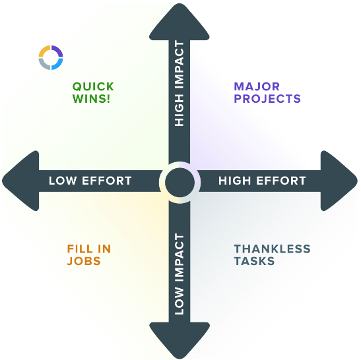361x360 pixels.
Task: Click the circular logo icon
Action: [51, 57]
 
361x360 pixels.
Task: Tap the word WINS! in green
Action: [93, 99]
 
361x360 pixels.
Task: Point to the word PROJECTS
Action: [267, 99]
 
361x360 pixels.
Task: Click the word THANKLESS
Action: [272, 249]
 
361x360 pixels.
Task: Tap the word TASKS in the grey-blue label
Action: [254, 261]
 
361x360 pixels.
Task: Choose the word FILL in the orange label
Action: [80, 249]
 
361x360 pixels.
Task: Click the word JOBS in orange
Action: [83, 261]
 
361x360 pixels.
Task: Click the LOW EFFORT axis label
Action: [90, 181]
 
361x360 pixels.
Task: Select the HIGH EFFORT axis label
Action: [262, 181]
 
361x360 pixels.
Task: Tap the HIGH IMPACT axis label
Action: [180, 83]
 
